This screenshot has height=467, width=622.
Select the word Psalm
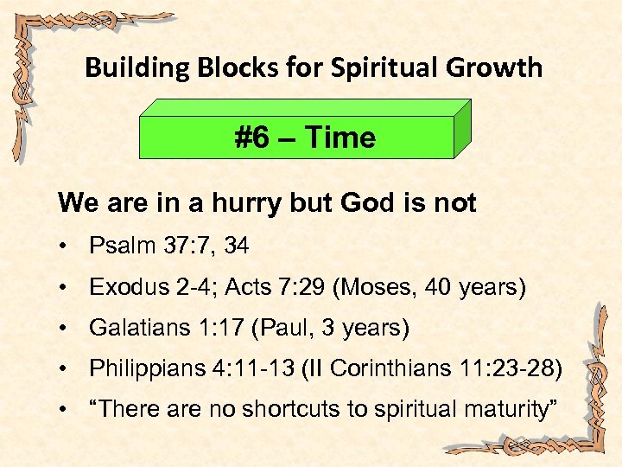tap(120, 246)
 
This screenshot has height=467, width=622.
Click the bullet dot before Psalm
tap(66, 247)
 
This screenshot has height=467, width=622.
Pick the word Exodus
tap(123, 288)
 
